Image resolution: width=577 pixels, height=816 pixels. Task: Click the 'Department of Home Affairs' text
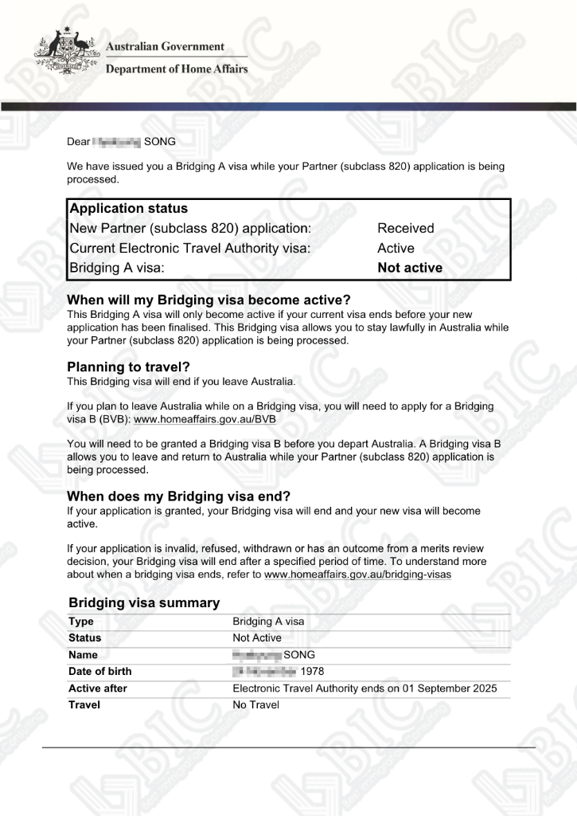[x=177, y=69]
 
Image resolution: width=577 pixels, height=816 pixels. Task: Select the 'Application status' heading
[x=129, y=209]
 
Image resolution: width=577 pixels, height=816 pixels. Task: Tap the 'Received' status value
[x=406, y=229]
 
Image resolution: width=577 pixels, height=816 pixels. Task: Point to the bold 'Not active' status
[x=410, y=269]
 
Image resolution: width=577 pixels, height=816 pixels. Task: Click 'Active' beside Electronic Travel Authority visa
[x=396, y=249]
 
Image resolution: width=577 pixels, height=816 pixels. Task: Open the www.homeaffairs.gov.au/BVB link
[x=205, y=419]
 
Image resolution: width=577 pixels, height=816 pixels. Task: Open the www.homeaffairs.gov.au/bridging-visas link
[x=357, y=575]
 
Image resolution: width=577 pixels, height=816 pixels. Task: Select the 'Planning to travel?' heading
[x=129, y=367]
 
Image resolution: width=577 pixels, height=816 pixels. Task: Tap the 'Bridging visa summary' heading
[x=144, y=603]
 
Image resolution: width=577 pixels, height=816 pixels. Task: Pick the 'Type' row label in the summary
[x=81, y=622]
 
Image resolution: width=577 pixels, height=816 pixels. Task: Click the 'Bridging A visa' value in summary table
[x=268, y=622]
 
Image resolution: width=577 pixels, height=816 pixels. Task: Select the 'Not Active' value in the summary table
[x=257, y=638]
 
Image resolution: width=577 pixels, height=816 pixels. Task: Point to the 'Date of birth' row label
[x=100, y=672]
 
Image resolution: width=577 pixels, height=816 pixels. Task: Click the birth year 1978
[x=312, y=672]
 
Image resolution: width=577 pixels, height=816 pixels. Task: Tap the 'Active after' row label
[x=98, y=688]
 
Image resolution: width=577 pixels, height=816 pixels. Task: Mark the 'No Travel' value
[x=256, y=705]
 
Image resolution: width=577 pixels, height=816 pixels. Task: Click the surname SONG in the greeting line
[x=159, y=142]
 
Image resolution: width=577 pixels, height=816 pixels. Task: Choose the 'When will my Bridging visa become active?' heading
[x=209, y=300]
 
